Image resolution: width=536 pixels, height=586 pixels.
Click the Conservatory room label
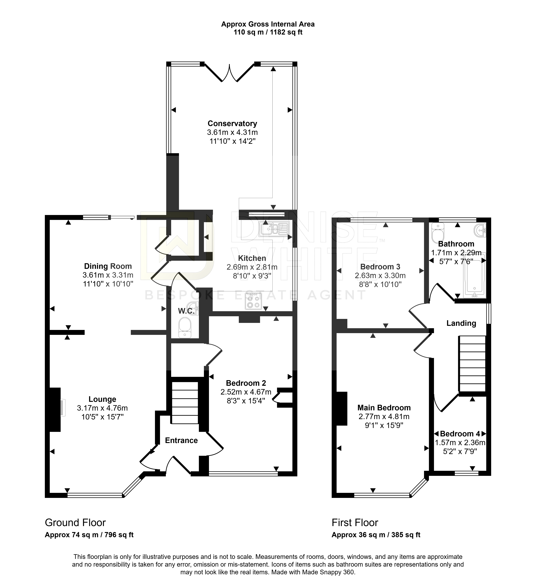tap(232, 124)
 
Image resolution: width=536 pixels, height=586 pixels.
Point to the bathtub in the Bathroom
tap(474, 275)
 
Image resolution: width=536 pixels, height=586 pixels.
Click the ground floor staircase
tap(185, 403)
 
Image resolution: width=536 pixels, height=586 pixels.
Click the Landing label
tap(461, 323)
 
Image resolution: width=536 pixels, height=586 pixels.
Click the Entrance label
tap(181, 440)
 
